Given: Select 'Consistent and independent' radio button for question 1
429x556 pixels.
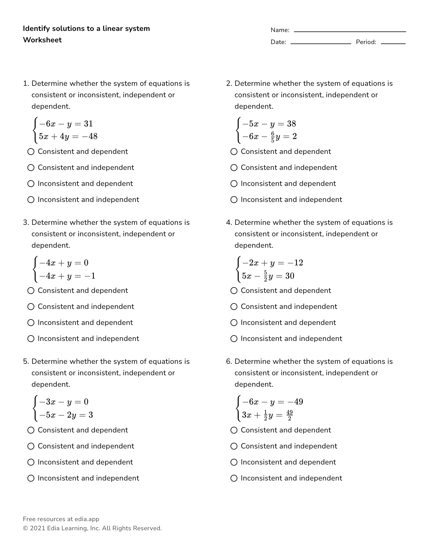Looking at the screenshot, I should (x=31, y=168).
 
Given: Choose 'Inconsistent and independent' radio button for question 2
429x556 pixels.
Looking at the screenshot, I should (x=234, y=200).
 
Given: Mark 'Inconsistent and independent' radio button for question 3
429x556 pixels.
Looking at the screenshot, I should (x=31, y=339).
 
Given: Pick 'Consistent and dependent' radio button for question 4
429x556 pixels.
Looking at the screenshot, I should (x=234, y=291).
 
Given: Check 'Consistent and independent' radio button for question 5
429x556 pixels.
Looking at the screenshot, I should (x=31, y=446).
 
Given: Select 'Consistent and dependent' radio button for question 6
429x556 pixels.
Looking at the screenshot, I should (x=234, y=430).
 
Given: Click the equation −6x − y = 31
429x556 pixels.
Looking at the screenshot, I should (x=66, y=124).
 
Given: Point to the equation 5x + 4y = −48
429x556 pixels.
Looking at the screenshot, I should (x=68, y=136).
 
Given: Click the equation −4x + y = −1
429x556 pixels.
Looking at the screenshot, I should (x=67, y=276).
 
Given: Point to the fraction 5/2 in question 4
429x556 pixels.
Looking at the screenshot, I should (x=265, y=276).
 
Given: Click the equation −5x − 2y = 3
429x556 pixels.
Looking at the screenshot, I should (x=66, y=415).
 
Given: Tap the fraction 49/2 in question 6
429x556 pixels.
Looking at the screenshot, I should (x=289, y=415).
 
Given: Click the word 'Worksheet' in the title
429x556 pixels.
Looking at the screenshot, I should (x=42, y=40).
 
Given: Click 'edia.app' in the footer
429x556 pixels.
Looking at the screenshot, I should (x=87, y=519).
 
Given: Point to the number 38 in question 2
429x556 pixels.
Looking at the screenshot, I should (x=291, y=124).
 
